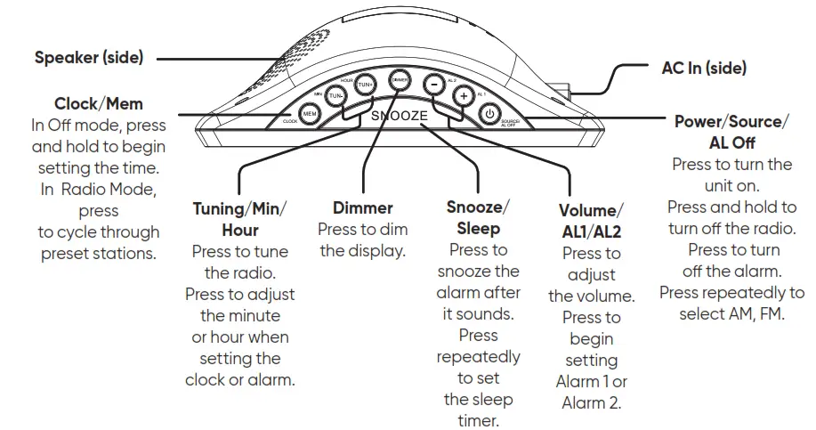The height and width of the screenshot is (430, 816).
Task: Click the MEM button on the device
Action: (310, 114)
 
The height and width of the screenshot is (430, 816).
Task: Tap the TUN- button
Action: (336, 95)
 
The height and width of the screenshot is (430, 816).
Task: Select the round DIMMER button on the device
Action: (400, 79)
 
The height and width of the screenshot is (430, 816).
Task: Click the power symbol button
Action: (489, 113)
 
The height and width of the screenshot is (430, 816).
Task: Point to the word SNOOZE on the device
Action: (400, 117)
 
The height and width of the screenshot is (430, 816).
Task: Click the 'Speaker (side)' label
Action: (88, 58)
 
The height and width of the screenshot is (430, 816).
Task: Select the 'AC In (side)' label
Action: (704, 68)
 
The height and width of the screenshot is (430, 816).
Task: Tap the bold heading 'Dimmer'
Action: (362, 207)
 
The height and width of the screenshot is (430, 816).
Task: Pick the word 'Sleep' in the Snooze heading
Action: (478, 228)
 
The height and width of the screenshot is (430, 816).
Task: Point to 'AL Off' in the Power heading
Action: (731, 142)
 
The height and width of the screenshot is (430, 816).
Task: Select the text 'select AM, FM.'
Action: (731, 313)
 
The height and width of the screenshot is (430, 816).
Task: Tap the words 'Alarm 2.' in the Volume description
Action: (591, 402)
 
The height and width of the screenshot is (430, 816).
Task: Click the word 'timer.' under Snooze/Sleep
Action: (478, 420)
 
